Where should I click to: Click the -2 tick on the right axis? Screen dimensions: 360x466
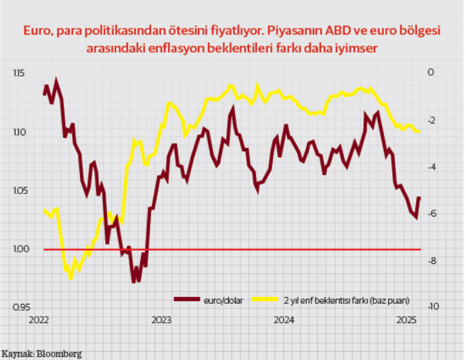coord(431,120)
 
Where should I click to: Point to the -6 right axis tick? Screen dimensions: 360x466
coord(431,214)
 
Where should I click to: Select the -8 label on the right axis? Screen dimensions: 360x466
coord(431,261)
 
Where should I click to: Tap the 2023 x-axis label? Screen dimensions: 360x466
coord(161,320)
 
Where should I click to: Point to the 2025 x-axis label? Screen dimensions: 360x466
coord(405,320)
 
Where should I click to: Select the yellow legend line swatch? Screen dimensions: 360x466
coord(266,298)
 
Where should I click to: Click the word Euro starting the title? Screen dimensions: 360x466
coord(36,31)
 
